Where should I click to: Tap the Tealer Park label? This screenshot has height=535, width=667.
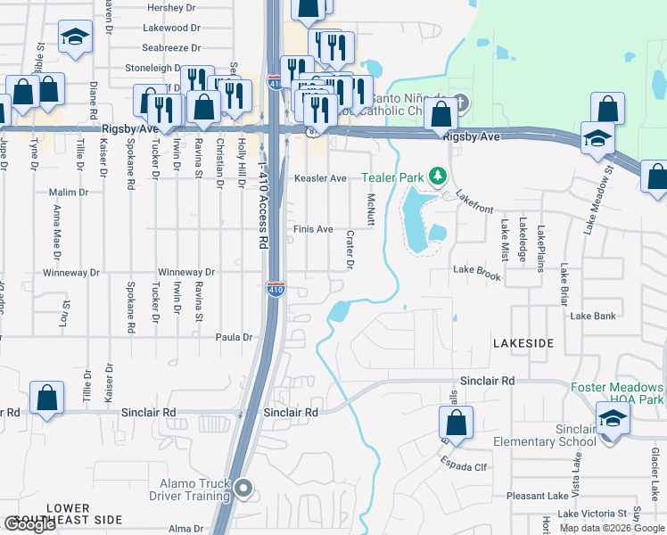(x=392, y=177)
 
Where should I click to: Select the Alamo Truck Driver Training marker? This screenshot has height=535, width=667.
(x=245, y=488)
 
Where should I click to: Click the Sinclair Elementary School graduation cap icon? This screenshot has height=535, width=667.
(x=613, y=419)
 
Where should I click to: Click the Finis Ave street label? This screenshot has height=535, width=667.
(x=314, y=229)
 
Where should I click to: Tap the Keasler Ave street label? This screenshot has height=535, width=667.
(x=320, y=178)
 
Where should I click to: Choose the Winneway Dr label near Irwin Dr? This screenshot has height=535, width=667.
(x=186, y=272)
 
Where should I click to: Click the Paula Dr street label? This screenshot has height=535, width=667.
(x=235, y=337)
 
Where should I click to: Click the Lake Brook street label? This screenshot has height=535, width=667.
(x=477, y=269)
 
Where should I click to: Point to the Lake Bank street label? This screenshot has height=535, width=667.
(x=593, y=316)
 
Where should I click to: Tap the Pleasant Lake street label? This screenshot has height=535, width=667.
(x=538, y=496)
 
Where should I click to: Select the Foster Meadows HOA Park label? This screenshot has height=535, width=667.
(x=617, y=394)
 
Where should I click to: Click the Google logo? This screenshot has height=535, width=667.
(x=30, y=523)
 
